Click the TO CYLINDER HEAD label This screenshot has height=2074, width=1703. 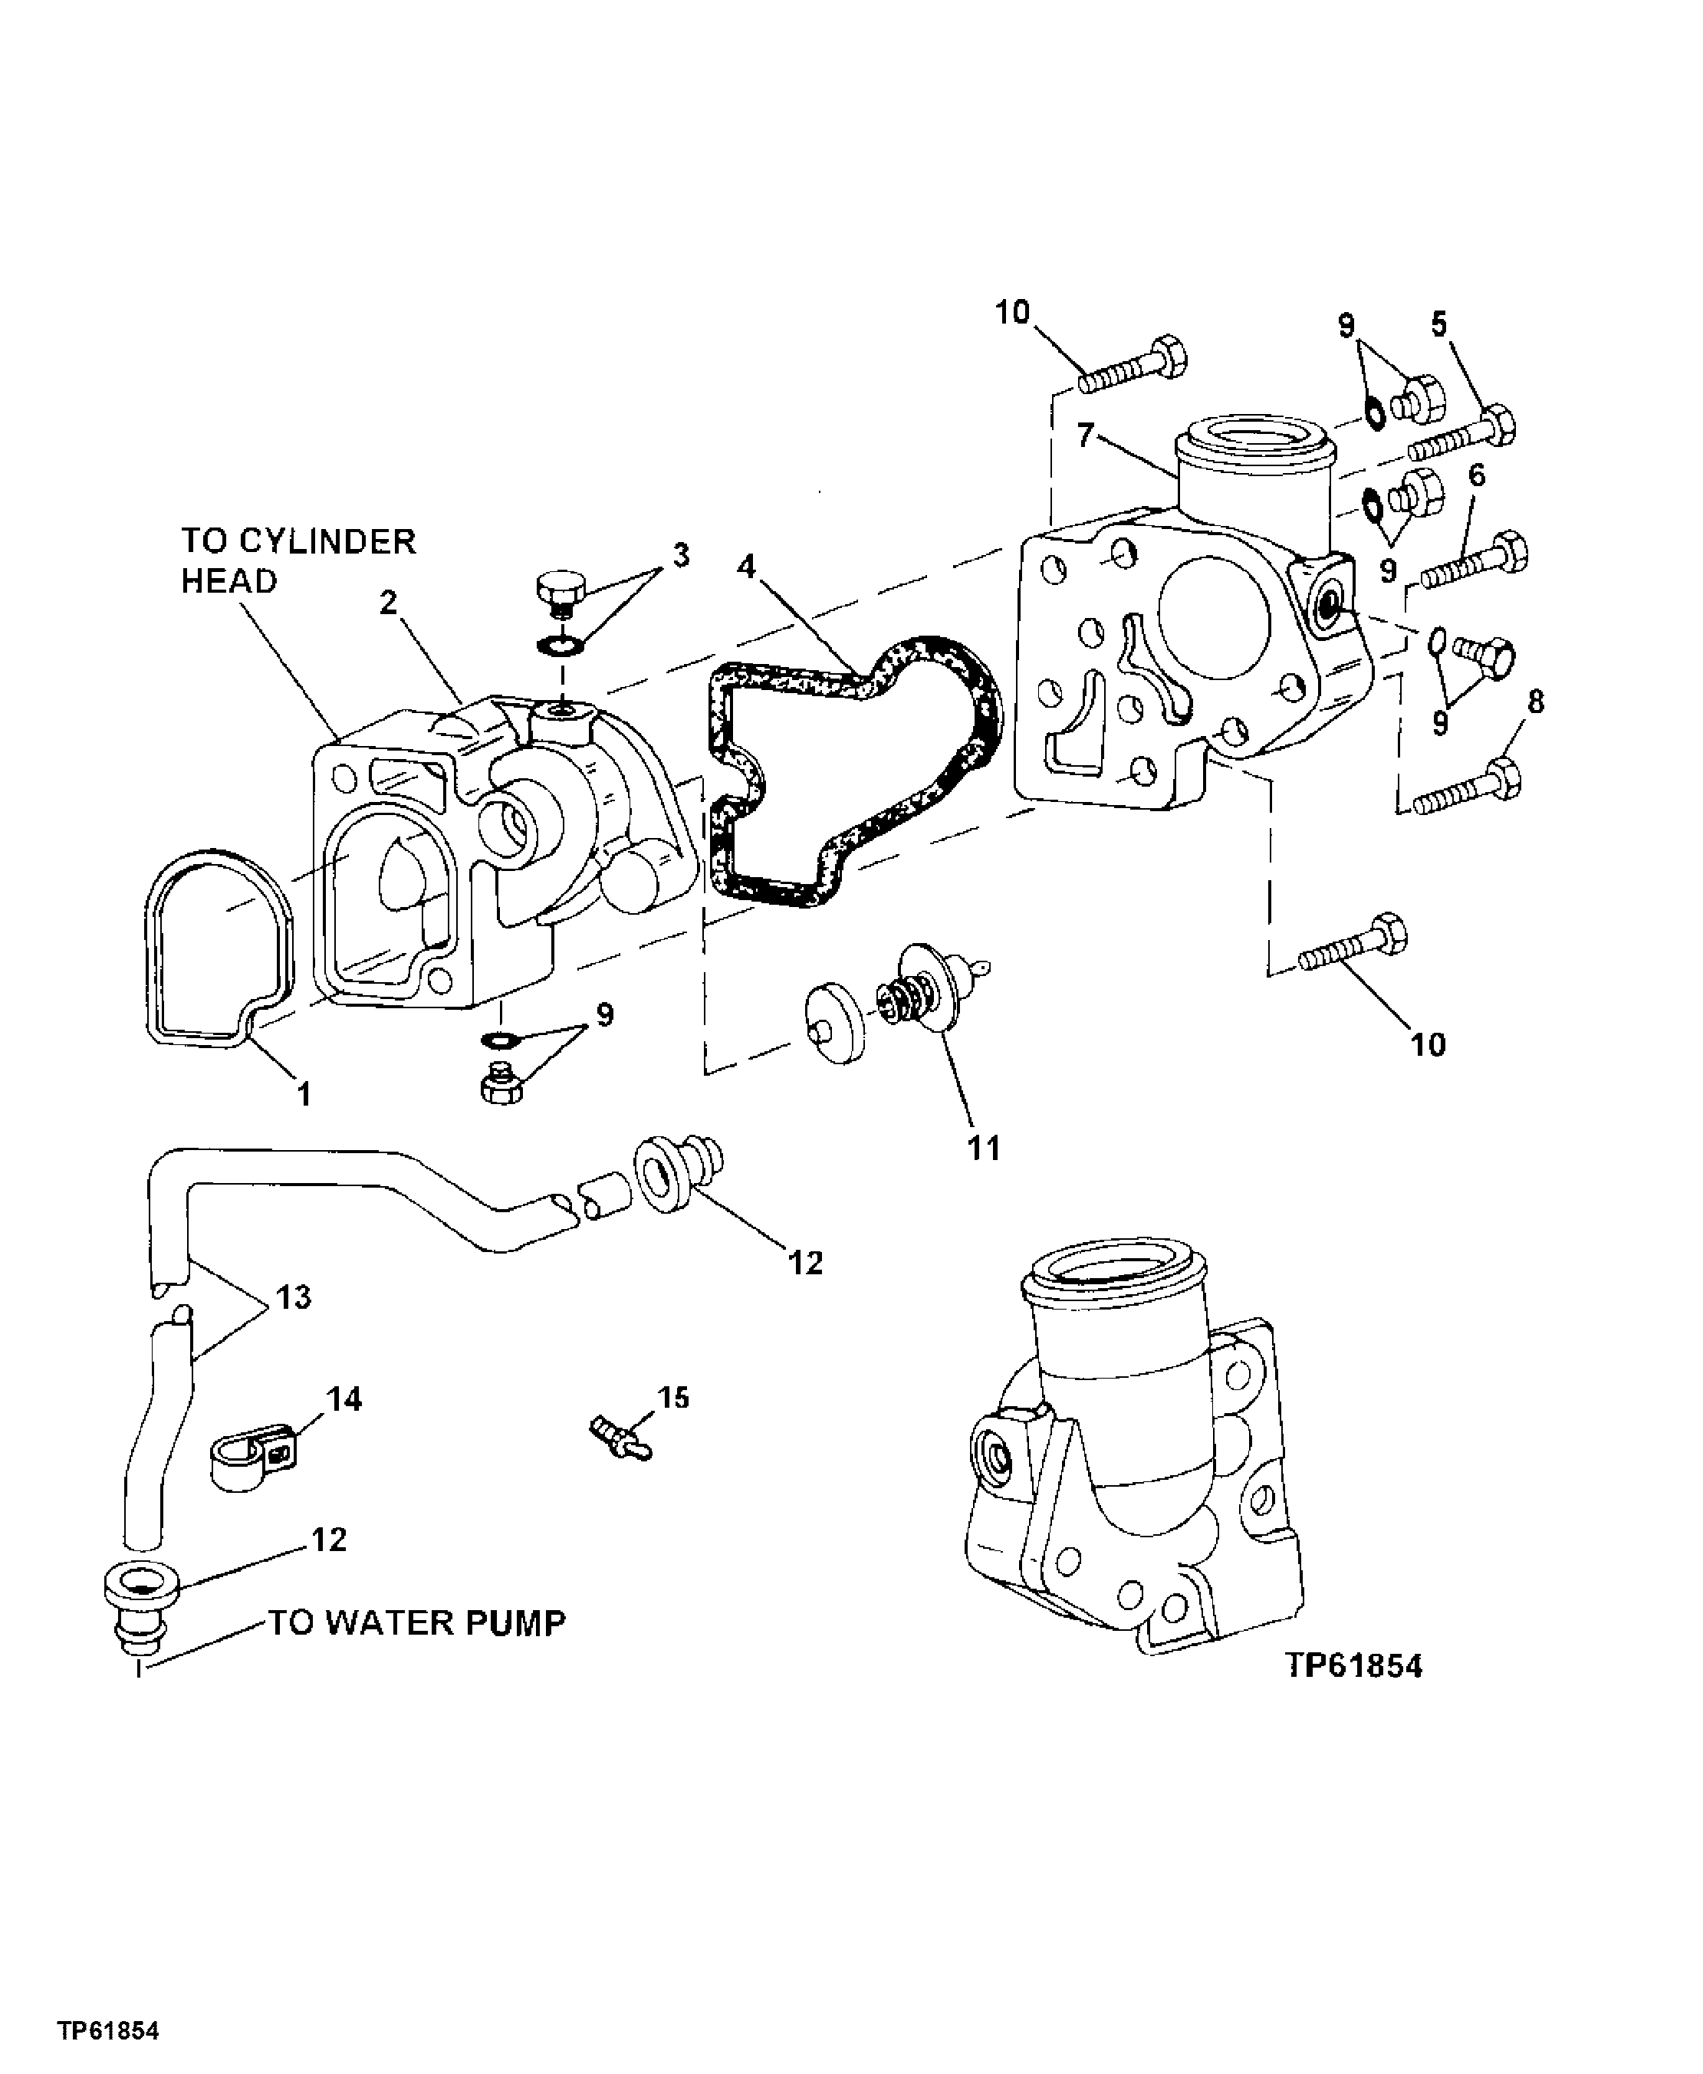pos(298,560)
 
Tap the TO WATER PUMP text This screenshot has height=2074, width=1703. pos(417,1622)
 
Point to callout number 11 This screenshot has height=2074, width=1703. pos(984,1147)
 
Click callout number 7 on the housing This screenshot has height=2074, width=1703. pos(1085,435)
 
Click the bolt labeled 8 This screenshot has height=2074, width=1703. pos(1468,790)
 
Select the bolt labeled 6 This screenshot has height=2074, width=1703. pos(1475,559)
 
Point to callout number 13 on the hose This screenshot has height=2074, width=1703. pos(294,1297)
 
